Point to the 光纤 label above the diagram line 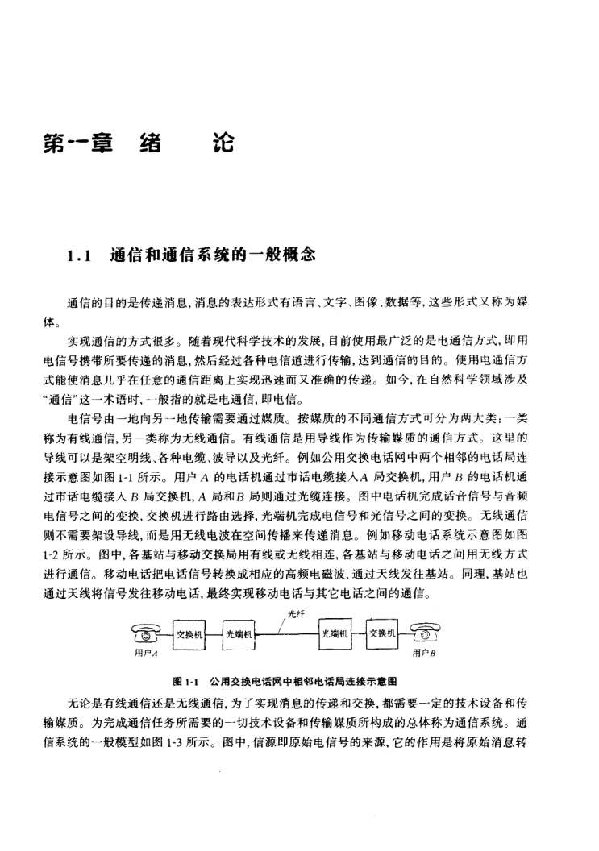[294, 613]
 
